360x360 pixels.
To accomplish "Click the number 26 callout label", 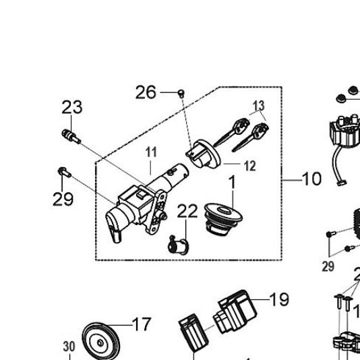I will (146, 92).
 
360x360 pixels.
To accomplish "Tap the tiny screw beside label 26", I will (181, 92).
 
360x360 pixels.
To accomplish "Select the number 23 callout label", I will (71, 107).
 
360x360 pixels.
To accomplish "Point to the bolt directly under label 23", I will (70, 135).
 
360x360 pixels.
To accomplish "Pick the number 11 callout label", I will (150, 152).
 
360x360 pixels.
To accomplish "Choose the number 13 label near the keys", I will (259, 106).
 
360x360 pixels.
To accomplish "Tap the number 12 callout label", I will (249, 166).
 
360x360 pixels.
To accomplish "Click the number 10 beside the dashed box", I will (311, 179).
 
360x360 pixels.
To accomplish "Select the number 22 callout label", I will (187, 211).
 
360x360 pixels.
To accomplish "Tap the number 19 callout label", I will (278, 299).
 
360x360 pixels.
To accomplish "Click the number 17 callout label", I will (142, 325).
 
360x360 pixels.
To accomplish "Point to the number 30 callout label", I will (69, 347).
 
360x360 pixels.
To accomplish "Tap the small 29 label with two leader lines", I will (328, 266).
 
